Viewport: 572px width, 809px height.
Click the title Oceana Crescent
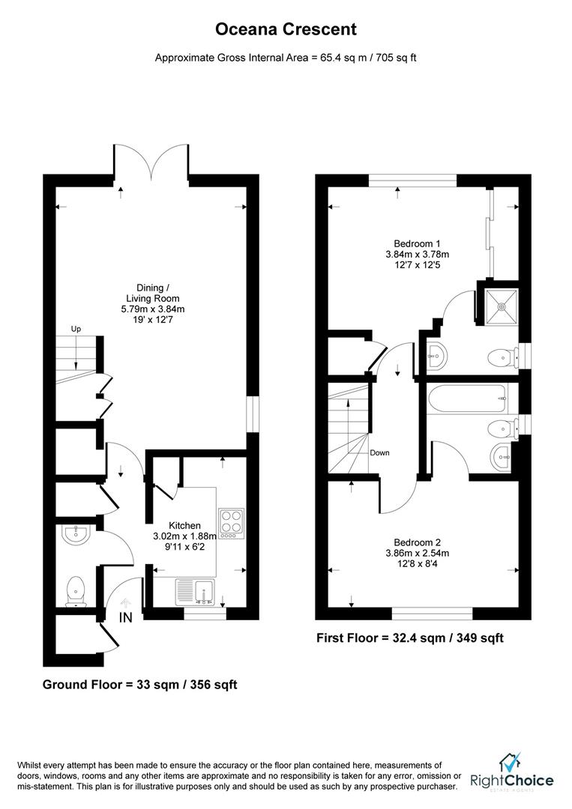[286, 30]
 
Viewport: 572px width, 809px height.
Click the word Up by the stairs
[76, 329]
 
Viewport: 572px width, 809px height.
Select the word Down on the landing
[379, 452]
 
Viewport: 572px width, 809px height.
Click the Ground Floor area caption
[140, 684]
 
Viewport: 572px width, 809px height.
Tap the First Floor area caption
[409, 638]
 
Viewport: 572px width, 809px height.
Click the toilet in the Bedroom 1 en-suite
[499, 358]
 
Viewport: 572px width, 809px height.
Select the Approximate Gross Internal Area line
[286, 57]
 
